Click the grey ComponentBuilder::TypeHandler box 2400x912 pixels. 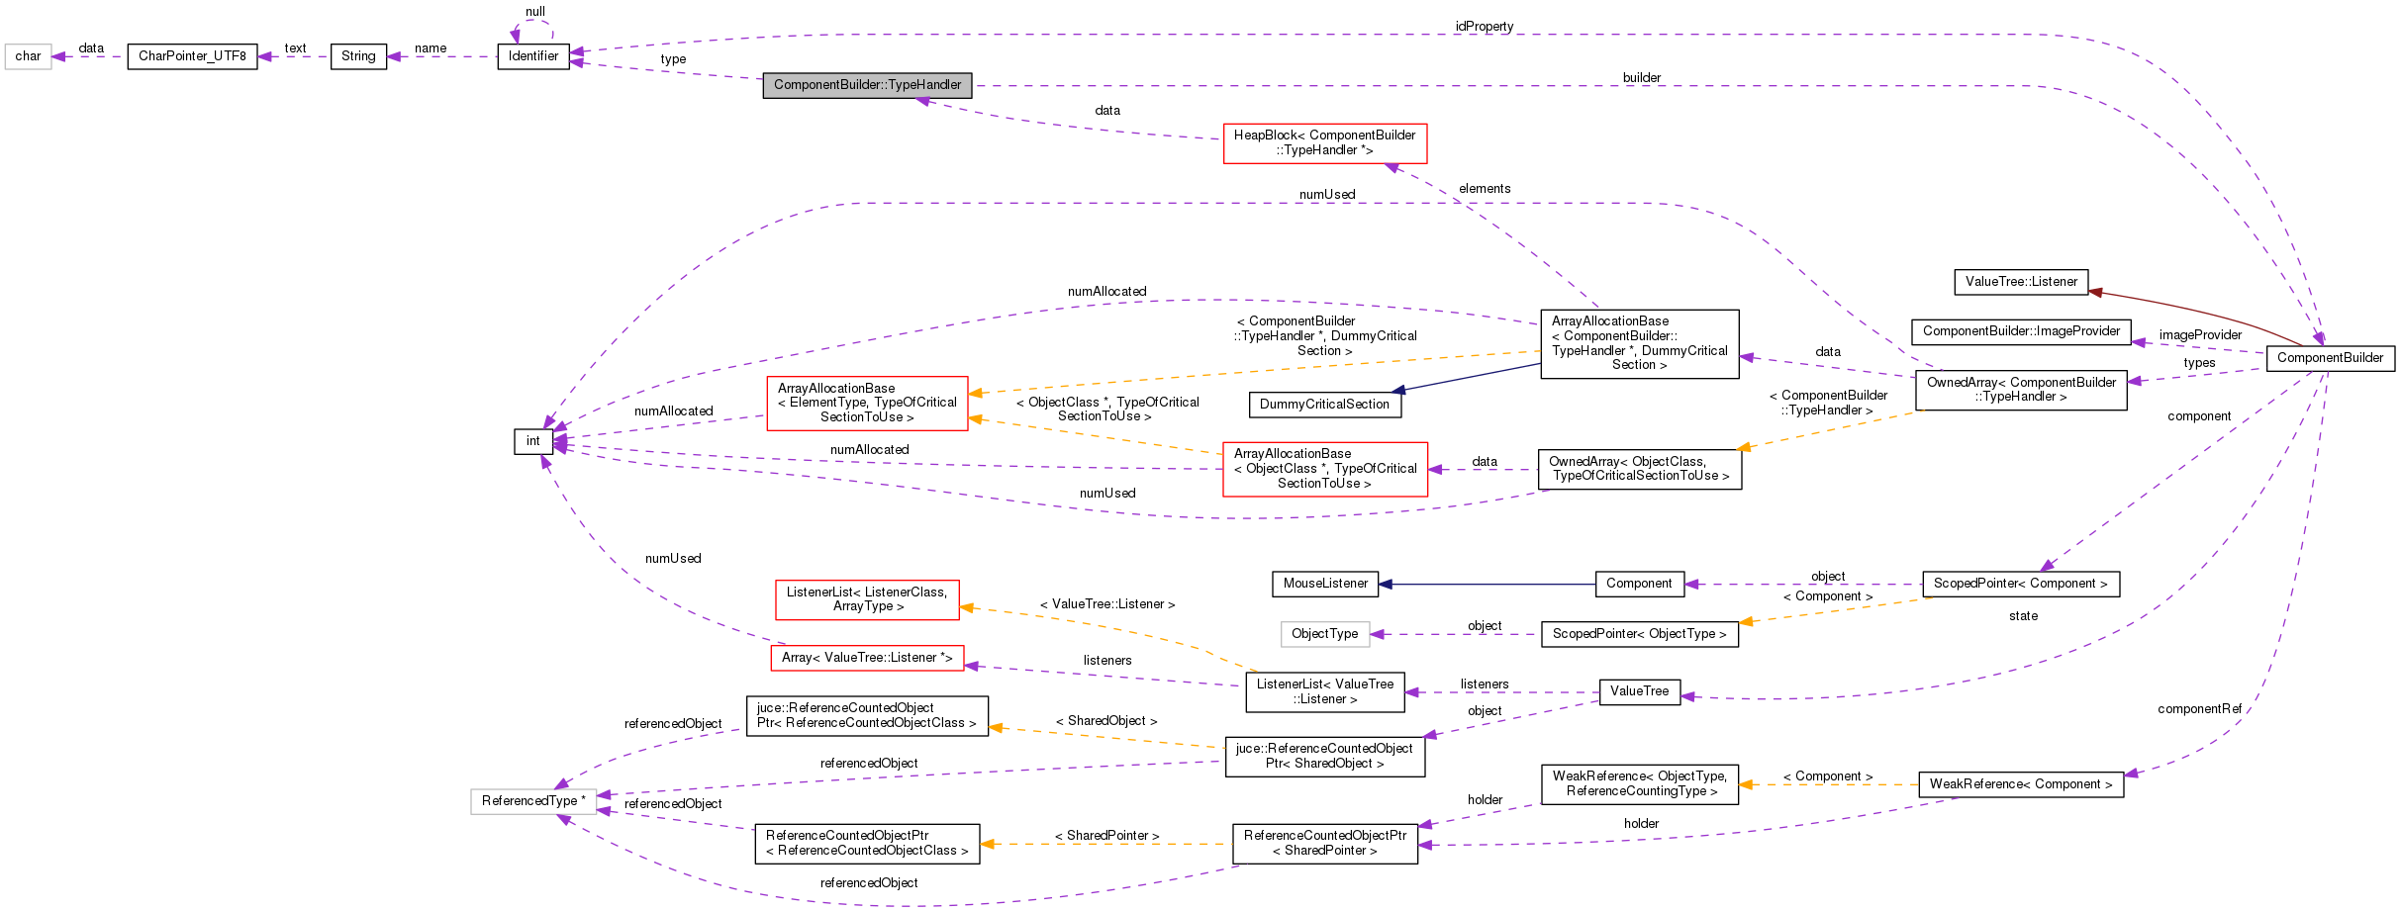tap(867, 85)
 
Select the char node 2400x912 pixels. tap(28, 56)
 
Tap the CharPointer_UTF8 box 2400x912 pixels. tap(192, 56)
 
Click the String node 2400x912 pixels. tap(358, 56)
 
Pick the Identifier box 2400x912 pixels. tap(533, 56)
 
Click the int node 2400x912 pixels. tap(532, 441)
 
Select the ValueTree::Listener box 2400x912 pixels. tap(2021, 282)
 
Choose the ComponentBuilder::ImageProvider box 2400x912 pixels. tap(2021, 331)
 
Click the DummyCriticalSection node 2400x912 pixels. tap(1324, 405)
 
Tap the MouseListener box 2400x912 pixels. tap(1325, 584)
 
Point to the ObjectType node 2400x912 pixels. tap(1324, 634)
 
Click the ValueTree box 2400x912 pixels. tap(1639, 691)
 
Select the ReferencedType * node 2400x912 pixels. tap(533, 801)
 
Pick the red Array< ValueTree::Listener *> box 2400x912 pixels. tap(867, 658)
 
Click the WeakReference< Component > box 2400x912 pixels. tap(2020, 784)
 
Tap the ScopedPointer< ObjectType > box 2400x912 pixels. tap(1639, 634)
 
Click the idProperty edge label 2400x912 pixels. tap(1484, 27)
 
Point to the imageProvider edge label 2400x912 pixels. tap(2200, 335)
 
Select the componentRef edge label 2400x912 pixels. tap(2199, 709)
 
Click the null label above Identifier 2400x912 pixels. tap(534, 12)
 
